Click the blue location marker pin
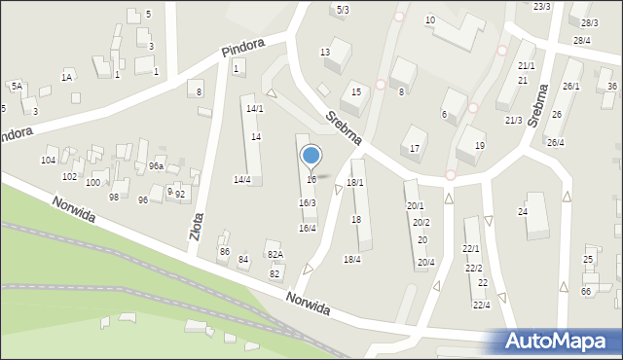pyautogui.click(x=311, y=156)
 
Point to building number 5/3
pyautogui.click(x=343, y=9)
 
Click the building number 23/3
pyautogui.click(x=542, y=6)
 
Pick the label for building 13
pyautogui.click(x=325, y=52)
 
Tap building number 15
pyautogui.click(x=357, y=91)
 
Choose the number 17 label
pyautogui.click(x=415, y=147)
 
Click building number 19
pyautogui.click(x=479, y=145)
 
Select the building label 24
pyautogui.click(x=523, y=211)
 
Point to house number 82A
pyautogui.click(x=275, y=255)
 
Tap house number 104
pyautogui.click(x=48, y=160)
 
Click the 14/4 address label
pyautogui.click(x=242, y=179)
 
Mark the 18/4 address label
pyautogui.click(x=352, y=259)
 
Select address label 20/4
pyautogui.click(x=425, y=262)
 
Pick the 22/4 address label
pyautogui.click(x=481, y=305)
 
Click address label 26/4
pyautogui.click(x=555, y=142)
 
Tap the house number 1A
pyautogui.click(x=67, y=76)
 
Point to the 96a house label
pyautogui.click(x=156, y=166)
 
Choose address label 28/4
pyautogui.click(x=582, y=40)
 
